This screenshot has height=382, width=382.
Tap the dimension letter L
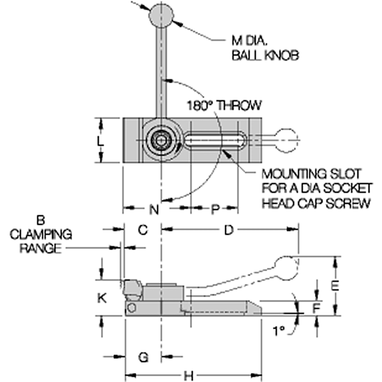point(100,141)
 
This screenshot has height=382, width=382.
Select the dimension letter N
point(154,209)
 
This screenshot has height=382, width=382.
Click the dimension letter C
point(143,230)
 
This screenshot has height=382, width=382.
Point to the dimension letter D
point(228,230)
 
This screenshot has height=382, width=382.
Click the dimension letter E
point(335,286)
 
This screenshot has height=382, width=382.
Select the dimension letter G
point(143,357)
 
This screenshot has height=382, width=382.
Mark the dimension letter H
point(189,376)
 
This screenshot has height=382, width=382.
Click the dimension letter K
point(102,298)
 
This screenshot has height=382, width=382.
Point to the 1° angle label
point(278,331)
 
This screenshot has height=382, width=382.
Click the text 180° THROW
point(224,105)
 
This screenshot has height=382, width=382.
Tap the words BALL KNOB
point(265,55)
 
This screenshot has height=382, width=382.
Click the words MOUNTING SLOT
point(311,174)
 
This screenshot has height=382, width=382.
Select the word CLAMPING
point(41,234)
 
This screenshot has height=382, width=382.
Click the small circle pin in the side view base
point(132,308)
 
